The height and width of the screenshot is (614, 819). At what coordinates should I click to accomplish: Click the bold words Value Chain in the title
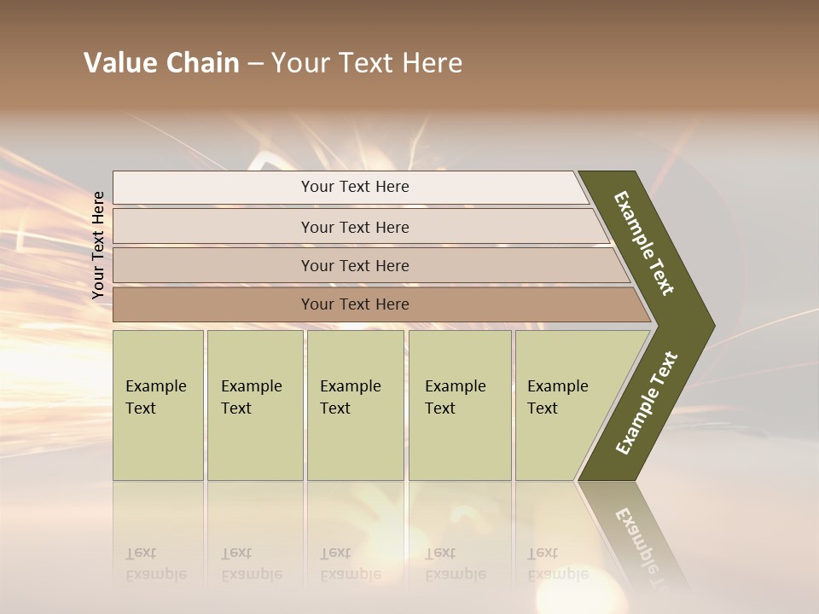pyautogui.click(x=161, y=63)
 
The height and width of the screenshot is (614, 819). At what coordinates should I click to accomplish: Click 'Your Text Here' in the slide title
pyautogui.click(x=367, y=63)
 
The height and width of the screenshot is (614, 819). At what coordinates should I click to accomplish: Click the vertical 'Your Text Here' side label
pyautogui.click(x=98, y=246)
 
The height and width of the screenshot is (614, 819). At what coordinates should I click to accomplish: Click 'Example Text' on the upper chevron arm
pyautogui.click(x=644, y=244)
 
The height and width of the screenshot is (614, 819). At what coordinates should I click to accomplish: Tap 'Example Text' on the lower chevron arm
pyautogui.click(x=647, y=403)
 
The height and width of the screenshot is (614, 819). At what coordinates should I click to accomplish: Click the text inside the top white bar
pyautogui.click(x=355, y=187)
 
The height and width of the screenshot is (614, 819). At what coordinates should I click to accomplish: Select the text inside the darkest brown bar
pyautogui.click(x=355, y=304)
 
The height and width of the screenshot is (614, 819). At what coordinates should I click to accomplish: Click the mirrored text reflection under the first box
pyautogui.click(x=155, y=564)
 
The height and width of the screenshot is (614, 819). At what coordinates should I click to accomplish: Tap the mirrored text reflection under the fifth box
pyautogui.click(x=557, y=564)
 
